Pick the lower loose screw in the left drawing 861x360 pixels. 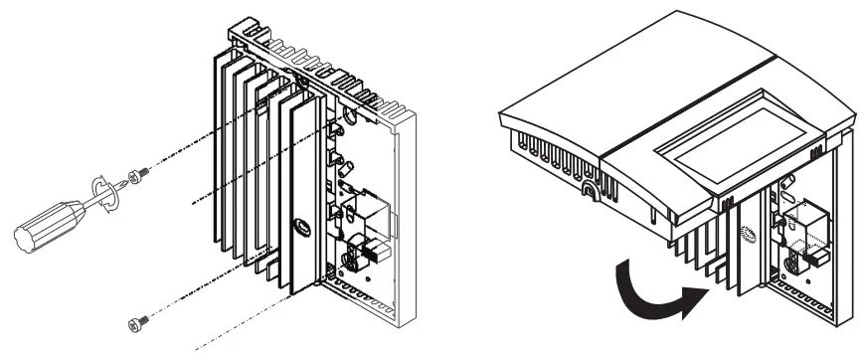pos(137,320)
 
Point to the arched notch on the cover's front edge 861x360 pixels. pos(592,188)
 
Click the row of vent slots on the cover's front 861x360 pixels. pos(546,164)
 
